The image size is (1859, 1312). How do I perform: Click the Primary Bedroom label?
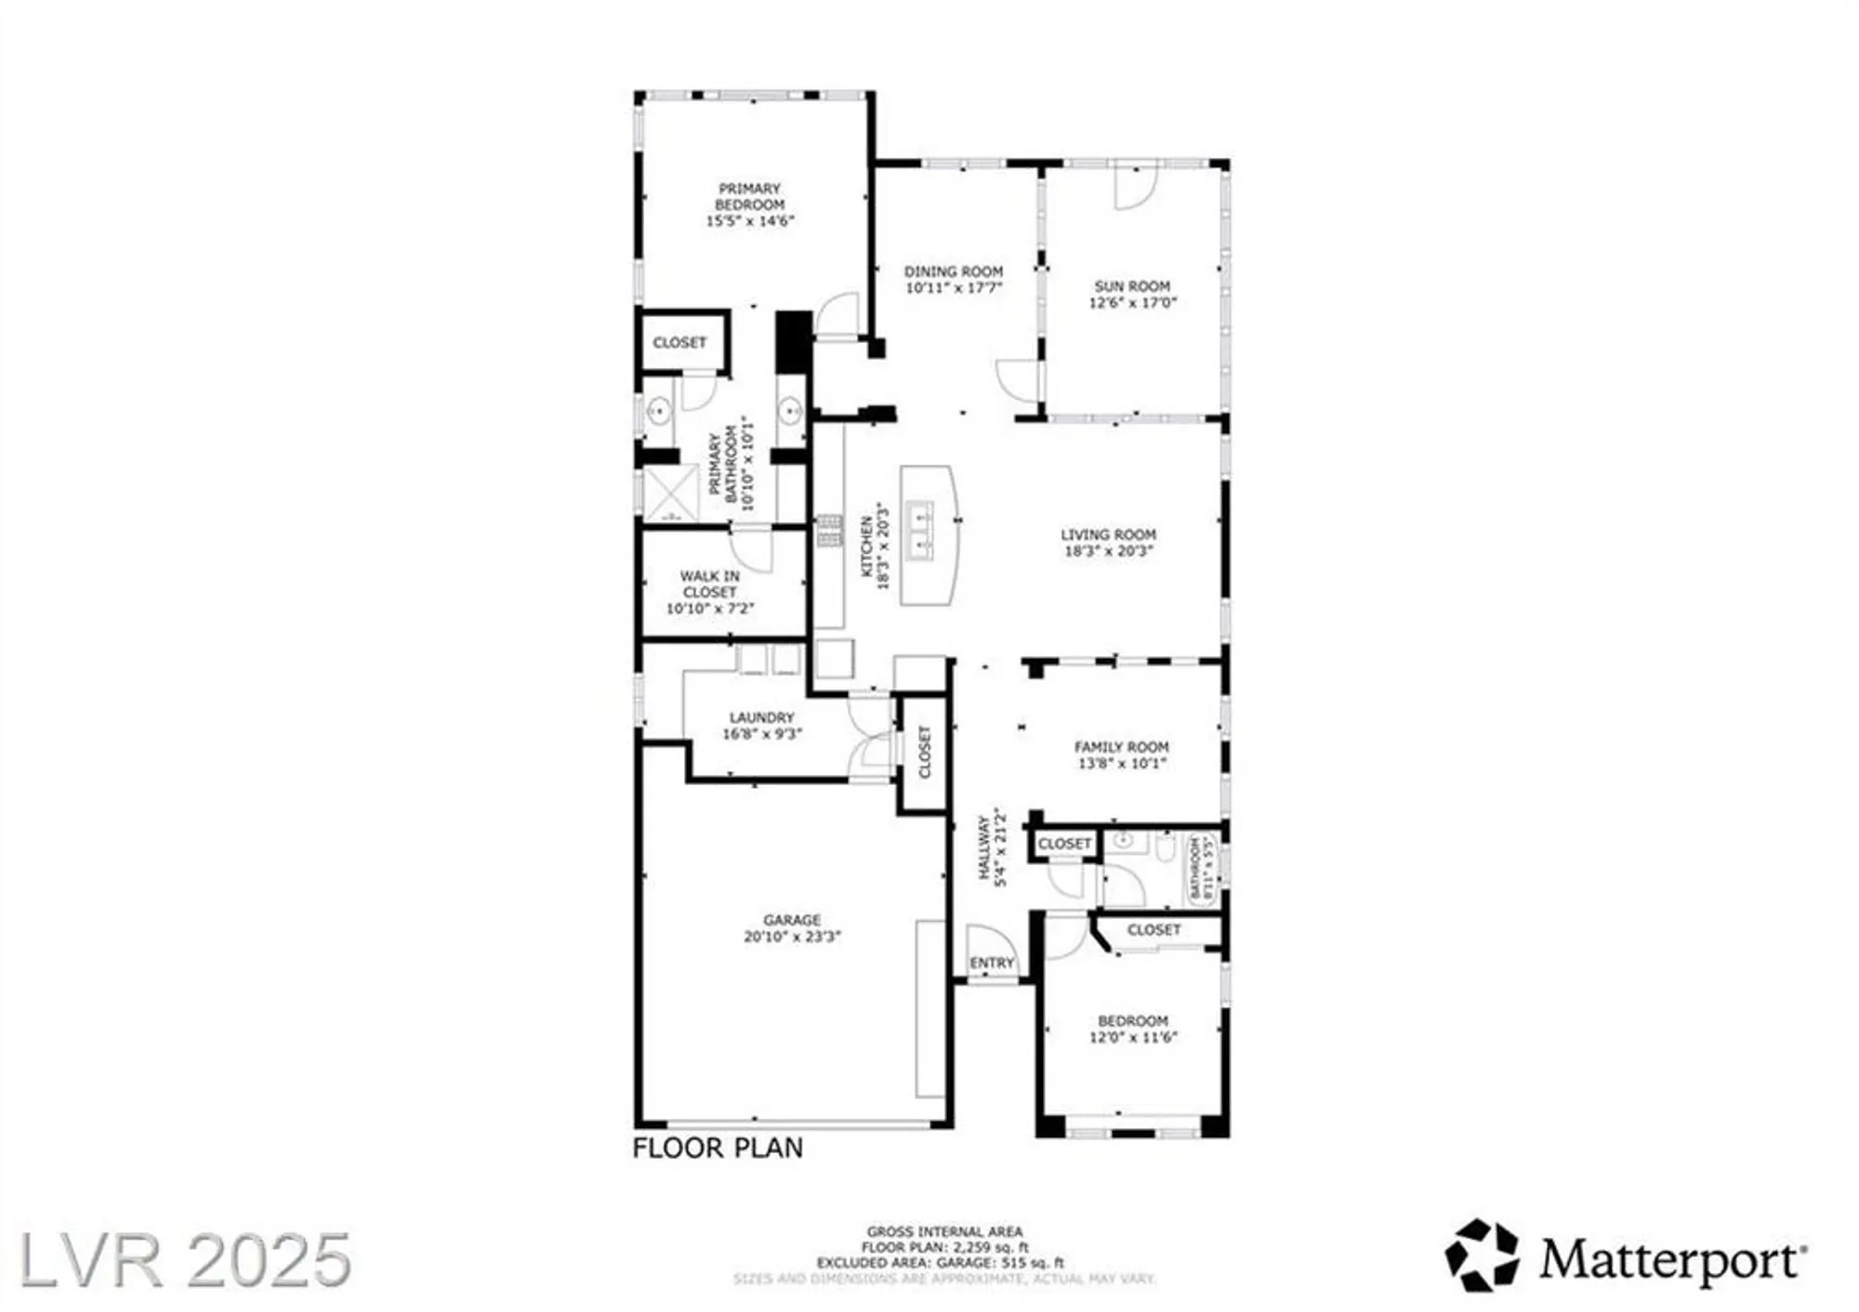(x=749, y=196)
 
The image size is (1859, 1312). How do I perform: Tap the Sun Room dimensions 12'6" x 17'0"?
(x=1132, y=303)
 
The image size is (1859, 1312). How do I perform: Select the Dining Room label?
(x=954, y=271)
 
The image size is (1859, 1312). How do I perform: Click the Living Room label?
(x=1108, y=534)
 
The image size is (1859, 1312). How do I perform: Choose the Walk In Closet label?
(x=709, y=584)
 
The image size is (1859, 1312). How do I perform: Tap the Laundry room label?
(x=761, y=717)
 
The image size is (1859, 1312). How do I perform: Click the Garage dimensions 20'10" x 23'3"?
(x=792, y=937)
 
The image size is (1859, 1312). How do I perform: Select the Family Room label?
(x=1121, y=747)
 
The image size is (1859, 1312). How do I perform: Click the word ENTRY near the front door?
(x=992, y=964)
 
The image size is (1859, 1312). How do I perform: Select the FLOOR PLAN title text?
(x=718, y=1148)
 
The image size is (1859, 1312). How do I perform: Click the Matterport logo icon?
(x=1482, y=1256)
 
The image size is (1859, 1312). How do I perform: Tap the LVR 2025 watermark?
(x=185, y=1260)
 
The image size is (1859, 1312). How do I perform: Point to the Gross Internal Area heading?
(x=944, y=1232)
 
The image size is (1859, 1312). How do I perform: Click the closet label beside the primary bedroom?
(x=679, y=343)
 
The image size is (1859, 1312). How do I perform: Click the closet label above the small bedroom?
(x=1154, y=930)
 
